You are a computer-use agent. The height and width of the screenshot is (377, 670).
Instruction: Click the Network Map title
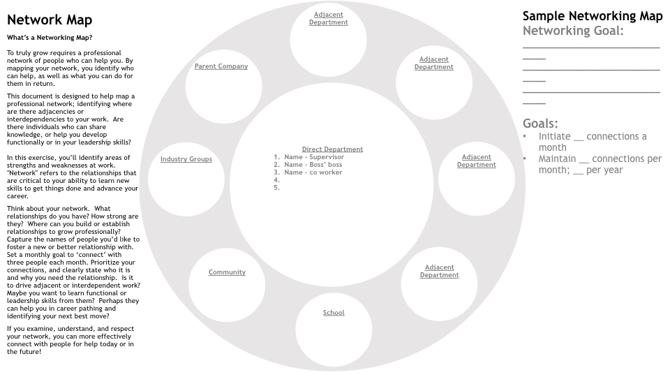[x=50, y=20]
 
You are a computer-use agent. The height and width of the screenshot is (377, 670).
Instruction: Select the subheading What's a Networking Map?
[x=50, y=38]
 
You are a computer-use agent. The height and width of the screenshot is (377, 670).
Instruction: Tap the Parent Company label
[x=221, y=66]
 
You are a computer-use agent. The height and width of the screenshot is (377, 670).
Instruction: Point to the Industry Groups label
[x=186, y=159]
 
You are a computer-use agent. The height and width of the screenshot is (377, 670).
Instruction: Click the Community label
[x=227, y=272]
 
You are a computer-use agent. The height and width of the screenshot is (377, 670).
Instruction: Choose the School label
[x=334, y=313]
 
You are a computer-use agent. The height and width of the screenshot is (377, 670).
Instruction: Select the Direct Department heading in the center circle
[x=332, y=149]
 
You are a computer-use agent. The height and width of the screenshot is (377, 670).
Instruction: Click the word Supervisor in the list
[x=327, y=157]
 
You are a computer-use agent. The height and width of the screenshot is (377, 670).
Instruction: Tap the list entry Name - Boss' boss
[x=313, y=165]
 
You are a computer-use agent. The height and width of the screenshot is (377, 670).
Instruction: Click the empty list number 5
[x=276, y=188]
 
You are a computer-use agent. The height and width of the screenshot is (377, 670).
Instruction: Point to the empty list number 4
[x=276, y=180]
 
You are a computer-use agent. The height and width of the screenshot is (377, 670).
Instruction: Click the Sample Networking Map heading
[x=593, y=16]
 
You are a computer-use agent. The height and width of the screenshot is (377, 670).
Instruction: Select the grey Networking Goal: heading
[x=573, y=31]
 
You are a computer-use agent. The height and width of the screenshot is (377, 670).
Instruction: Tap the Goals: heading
[x=540, y=124]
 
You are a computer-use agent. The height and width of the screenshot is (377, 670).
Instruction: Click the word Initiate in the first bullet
[x=554, y=136]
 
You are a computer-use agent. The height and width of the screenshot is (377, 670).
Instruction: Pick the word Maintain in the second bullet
[x=557, y=158]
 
